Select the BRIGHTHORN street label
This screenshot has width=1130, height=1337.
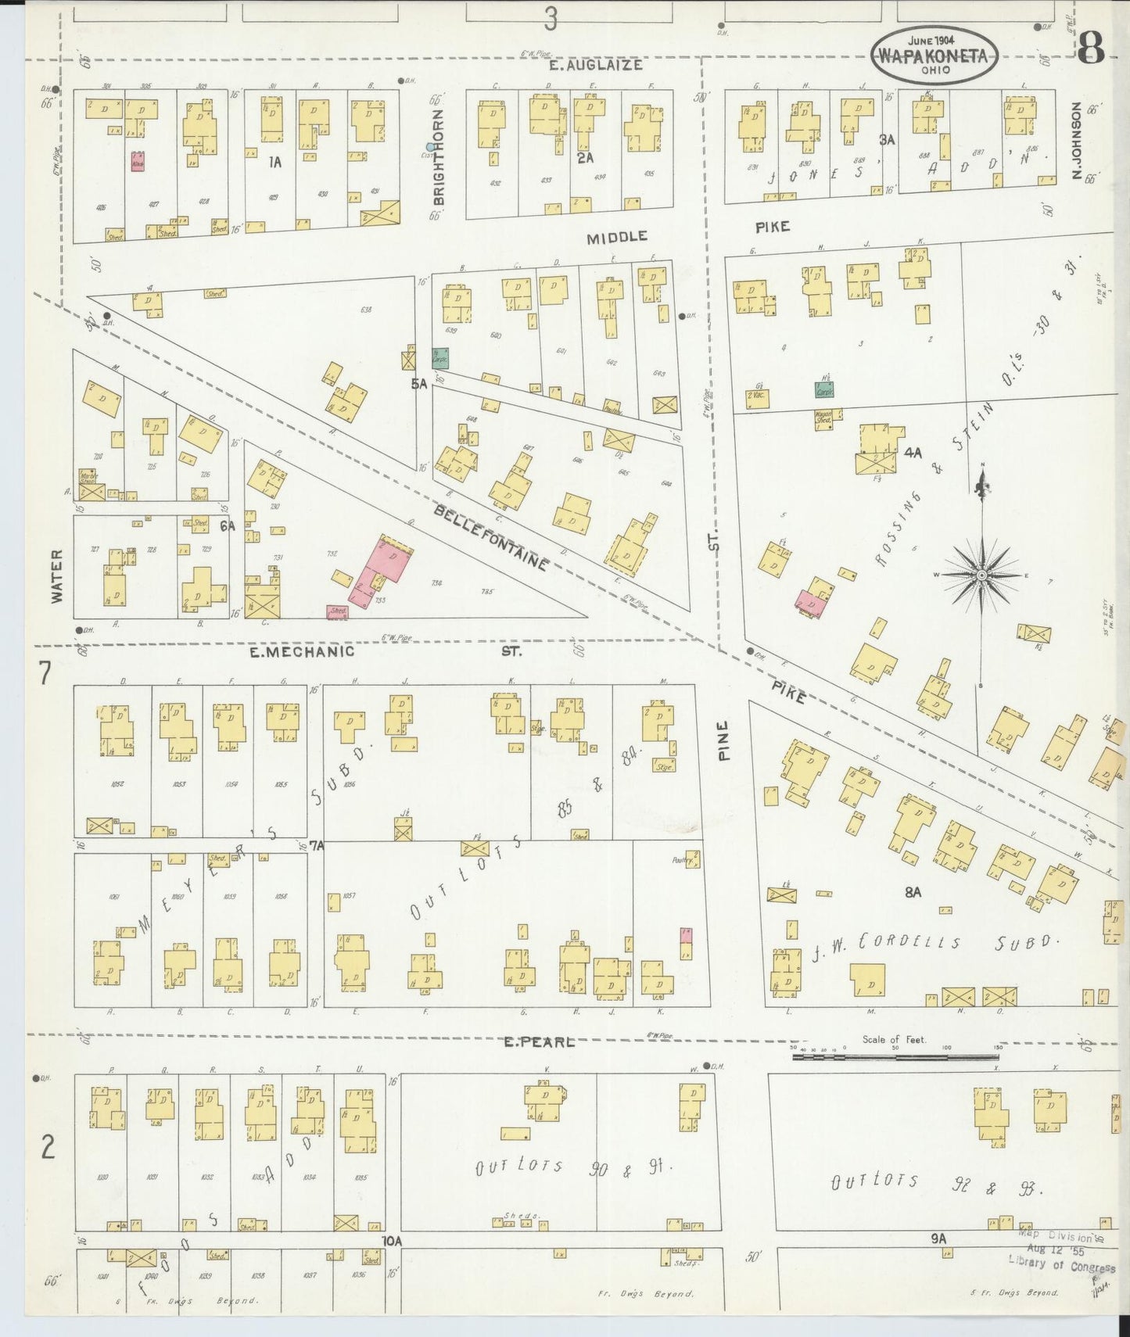pos(438,157)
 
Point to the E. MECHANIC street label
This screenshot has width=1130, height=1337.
pos(302,651)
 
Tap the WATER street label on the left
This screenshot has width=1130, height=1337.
pos(56,575)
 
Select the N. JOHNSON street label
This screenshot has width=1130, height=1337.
pos(1077,141)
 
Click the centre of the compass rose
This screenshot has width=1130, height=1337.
pos(981,575)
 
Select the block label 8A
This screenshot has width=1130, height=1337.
pos(913,891)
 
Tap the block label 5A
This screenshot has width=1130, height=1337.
pos(419,383)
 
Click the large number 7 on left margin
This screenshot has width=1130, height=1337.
pos(45,672)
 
